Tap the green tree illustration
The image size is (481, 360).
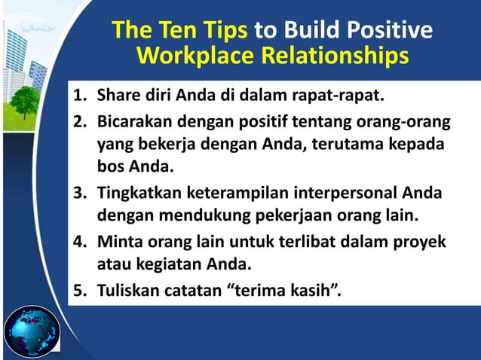pos(25,102)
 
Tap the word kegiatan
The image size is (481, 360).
pos(161,264)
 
